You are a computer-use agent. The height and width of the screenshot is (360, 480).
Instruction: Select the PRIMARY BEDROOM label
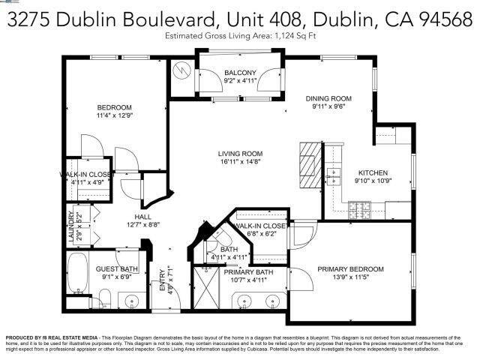tap(350, 269)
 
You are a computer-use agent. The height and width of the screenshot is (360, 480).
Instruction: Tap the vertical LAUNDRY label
tap(71, 225)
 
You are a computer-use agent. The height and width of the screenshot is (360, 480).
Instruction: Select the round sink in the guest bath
tap(133, 302)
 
